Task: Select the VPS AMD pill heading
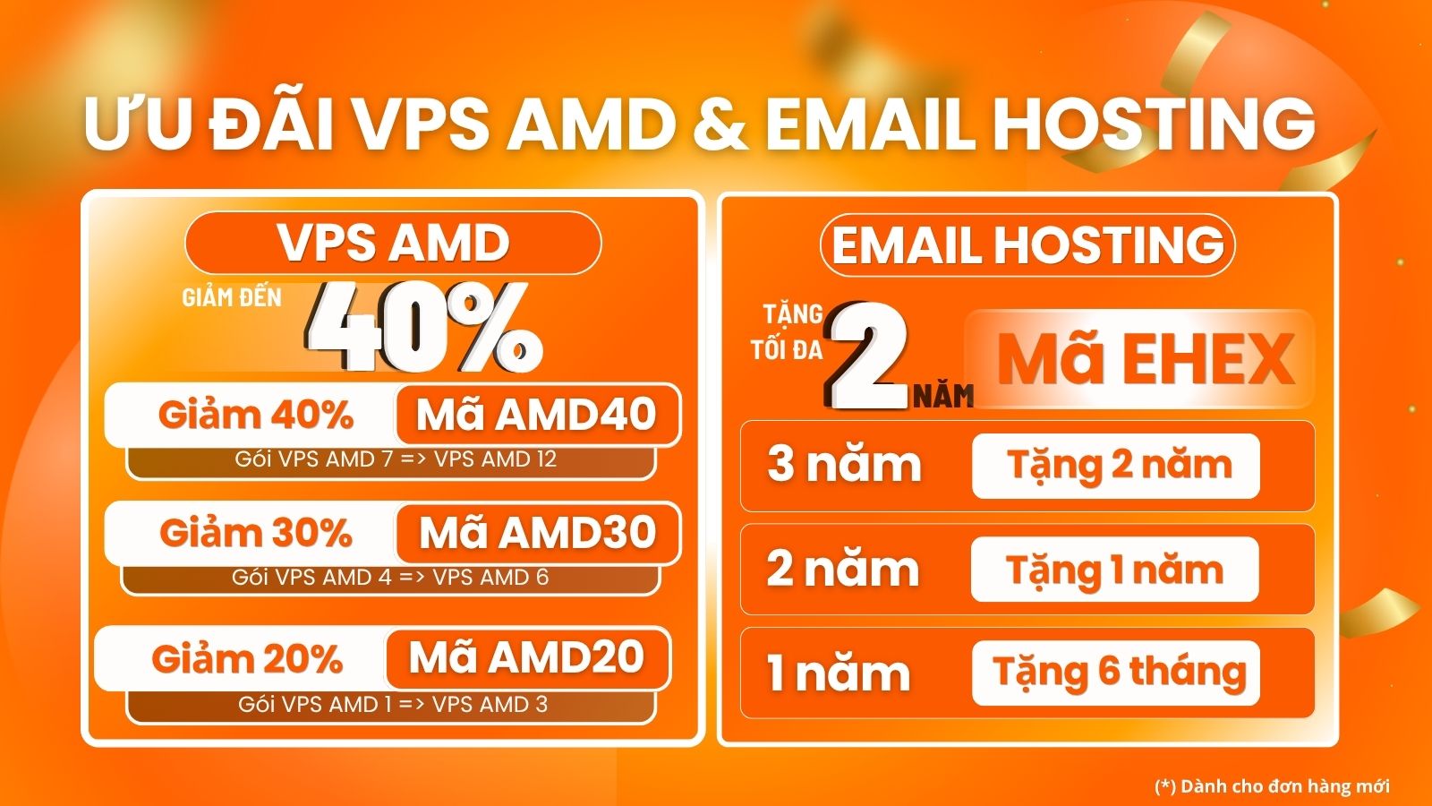(x=393, y=243)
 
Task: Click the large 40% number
(x=424, y=328)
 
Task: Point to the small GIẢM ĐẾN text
(x=232, y=297)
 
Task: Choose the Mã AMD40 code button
(x=538, y=415)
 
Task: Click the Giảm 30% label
(x=256, y=533)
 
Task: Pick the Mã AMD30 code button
(x=538, y=533)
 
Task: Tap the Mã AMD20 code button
(x=527, y=657)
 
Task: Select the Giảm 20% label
(x=247, y=658)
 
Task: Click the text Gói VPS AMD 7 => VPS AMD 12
(x=396, y=459)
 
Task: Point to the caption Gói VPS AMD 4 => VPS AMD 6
(x=390, y=578)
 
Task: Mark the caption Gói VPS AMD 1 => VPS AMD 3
(x=393, y=704)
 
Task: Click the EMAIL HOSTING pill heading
(x=1027, y=245)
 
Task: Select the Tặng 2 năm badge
(x=1115, y=466)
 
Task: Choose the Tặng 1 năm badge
(x=1115, y=570)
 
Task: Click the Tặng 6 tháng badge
(x=1115, y=673)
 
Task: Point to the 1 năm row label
(x=838, y=673)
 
